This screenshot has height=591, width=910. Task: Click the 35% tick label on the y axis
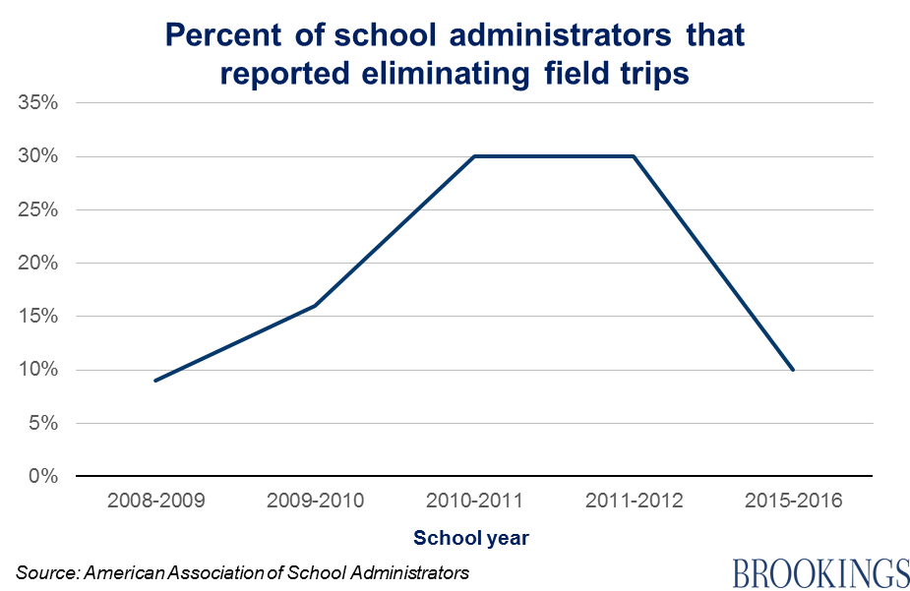(38, 102)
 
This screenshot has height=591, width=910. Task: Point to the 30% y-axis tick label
(38, 156)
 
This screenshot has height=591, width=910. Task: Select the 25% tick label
(38, 209)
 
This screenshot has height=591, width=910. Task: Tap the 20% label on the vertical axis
(38, 264)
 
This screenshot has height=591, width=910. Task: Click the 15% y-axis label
(38, 317)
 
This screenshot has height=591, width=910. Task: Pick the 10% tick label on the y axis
(38, 370)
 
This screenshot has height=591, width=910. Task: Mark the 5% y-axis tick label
(43, 424)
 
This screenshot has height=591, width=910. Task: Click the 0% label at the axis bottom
(43, 477)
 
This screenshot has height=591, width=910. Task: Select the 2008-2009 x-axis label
(155, 501)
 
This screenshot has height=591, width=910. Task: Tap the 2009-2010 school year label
(315, 501)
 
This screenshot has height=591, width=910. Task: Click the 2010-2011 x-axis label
(474, 501)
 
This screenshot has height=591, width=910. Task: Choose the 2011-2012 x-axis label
(634, 501)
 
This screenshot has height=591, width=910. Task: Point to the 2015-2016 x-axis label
(793, 501)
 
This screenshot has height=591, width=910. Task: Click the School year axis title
(471, 538)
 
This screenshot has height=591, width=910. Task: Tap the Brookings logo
(819, 570)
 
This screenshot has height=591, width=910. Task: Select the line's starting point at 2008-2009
(155, 381)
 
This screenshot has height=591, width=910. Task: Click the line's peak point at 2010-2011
(474, 156)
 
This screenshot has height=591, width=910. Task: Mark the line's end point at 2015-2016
(793, 370)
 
